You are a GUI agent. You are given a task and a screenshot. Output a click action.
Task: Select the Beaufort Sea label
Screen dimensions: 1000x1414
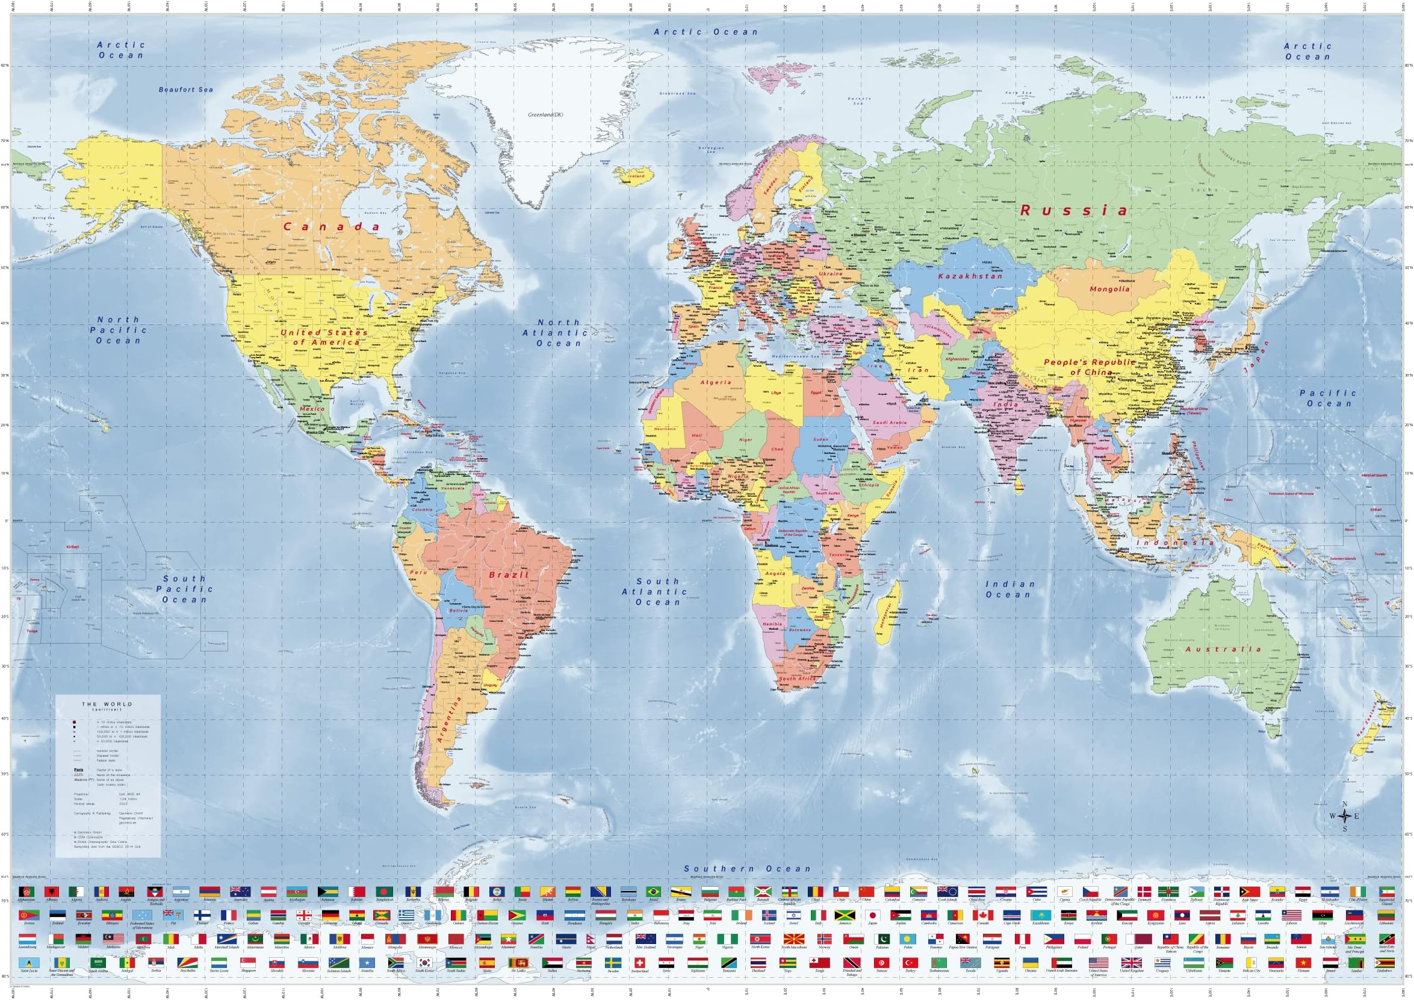[x=185, y=90]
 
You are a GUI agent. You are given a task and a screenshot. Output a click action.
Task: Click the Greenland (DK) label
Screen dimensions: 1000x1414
[x=545, y=115]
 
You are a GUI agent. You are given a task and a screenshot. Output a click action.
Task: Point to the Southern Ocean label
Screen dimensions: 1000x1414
[x=747, y=869]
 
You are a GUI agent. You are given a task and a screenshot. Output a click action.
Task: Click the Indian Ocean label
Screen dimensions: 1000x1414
[x=1009, y=589]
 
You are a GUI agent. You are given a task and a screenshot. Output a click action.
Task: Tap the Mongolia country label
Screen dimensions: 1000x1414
[x=1109, y=289]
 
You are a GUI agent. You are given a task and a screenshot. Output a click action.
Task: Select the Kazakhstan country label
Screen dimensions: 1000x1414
[x=970, y=276]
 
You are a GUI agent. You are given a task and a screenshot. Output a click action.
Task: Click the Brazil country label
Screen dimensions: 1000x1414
[x=509, y=574]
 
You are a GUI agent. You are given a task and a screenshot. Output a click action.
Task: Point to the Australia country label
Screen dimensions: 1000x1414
[x=1223, y=649]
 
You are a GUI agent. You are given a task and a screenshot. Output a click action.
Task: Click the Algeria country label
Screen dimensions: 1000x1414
[x=716, y=382]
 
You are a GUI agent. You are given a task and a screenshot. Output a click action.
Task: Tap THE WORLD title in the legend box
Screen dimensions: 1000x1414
[x=107, y=704]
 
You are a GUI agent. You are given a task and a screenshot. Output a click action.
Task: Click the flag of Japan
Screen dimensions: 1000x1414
[x=873, y=916]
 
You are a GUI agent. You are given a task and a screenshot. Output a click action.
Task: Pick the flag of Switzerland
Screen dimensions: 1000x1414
[x=639, y=963]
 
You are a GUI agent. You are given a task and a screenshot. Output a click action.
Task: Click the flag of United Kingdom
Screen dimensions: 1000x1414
[x=1130, y=963]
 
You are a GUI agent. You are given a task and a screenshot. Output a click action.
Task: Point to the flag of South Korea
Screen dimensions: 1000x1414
[x=424, y=963]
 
